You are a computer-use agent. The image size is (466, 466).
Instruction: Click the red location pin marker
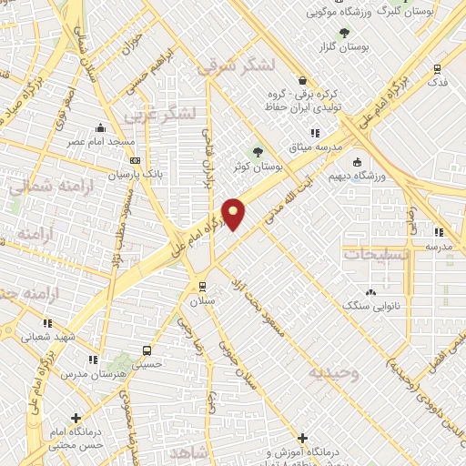coord(234,214)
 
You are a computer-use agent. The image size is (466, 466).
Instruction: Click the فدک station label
coord(438,82)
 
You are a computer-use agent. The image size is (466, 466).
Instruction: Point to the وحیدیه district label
coord(333,373)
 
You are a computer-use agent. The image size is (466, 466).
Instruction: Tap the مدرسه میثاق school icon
coord(315,134)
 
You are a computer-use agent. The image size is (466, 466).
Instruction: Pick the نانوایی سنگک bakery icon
coord(370,292)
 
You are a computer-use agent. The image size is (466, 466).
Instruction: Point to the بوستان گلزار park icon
coord(342,34)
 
